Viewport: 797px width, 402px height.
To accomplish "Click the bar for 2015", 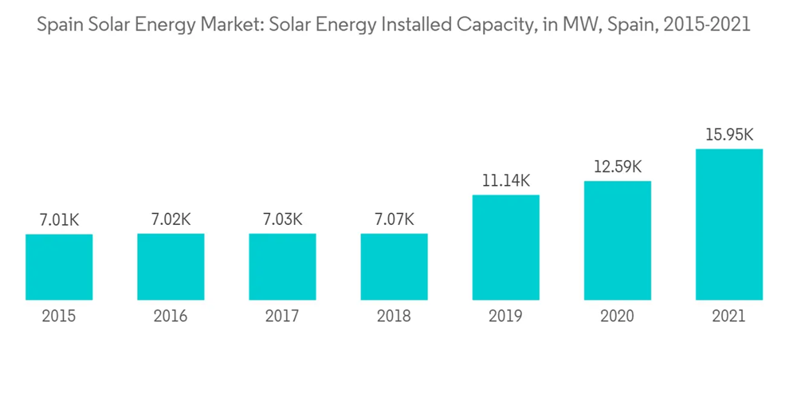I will (59, 267).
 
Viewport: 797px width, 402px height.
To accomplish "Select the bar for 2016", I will (171, 267).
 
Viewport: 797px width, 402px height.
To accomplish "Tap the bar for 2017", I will (282, 267).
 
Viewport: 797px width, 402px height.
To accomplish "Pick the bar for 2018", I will (394, 267).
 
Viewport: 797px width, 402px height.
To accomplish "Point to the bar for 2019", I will (505, 247).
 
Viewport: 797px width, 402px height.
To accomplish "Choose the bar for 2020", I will (617, 240).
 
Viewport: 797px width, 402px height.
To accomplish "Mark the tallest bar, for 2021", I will (728, 224).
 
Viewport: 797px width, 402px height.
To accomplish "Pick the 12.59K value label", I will (617, 167).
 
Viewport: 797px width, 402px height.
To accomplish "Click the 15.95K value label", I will (728, 135).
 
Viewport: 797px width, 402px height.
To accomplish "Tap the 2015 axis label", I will (59, 317).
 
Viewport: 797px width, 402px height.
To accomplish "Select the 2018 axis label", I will (394, 317).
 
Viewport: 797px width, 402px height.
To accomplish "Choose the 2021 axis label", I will (728, 317).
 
